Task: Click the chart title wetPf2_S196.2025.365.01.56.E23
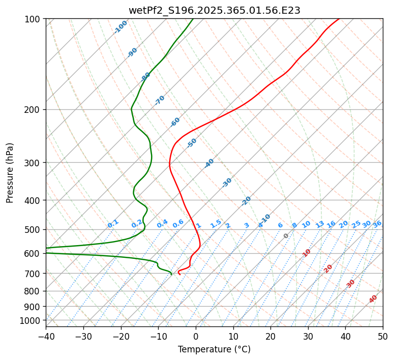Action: [x=214, y=10]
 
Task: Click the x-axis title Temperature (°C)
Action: [x=214, y=350]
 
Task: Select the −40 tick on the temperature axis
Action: [x=46, y=336]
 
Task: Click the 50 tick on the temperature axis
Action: [x=383, y=336]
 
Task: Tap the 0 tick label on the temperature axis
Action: [x=196, y=336]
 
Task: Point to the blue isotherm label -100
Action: [x=120, y=27]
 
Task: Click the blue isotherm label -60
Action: [x=175, y=122]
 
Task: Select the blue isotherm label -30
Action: [x=227, y=183]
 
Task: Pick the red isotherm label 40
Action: [x=373, y=299]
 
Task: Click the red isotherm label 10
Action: [x=307, y=253]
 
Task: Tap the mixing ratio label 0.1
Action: [x=113, y=224]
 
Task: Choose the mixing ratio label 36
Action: [x=377, y=224]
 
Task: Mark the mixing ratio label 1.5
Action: [x=216, y=224]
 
